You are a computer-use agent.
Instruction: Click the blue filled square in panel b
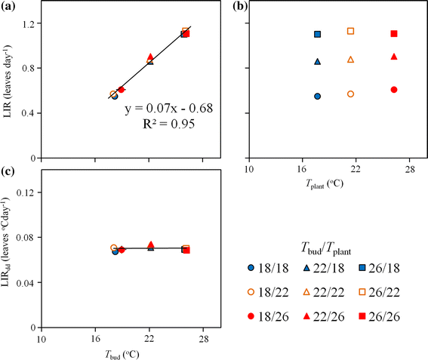coord(317,34)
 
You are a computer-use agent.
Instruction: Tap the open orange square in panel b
coord(350,31)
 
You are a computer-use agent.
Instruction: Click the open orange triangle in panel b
coord(350,60)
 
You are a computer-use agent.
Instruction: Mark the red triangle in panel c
coord(150,245)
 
